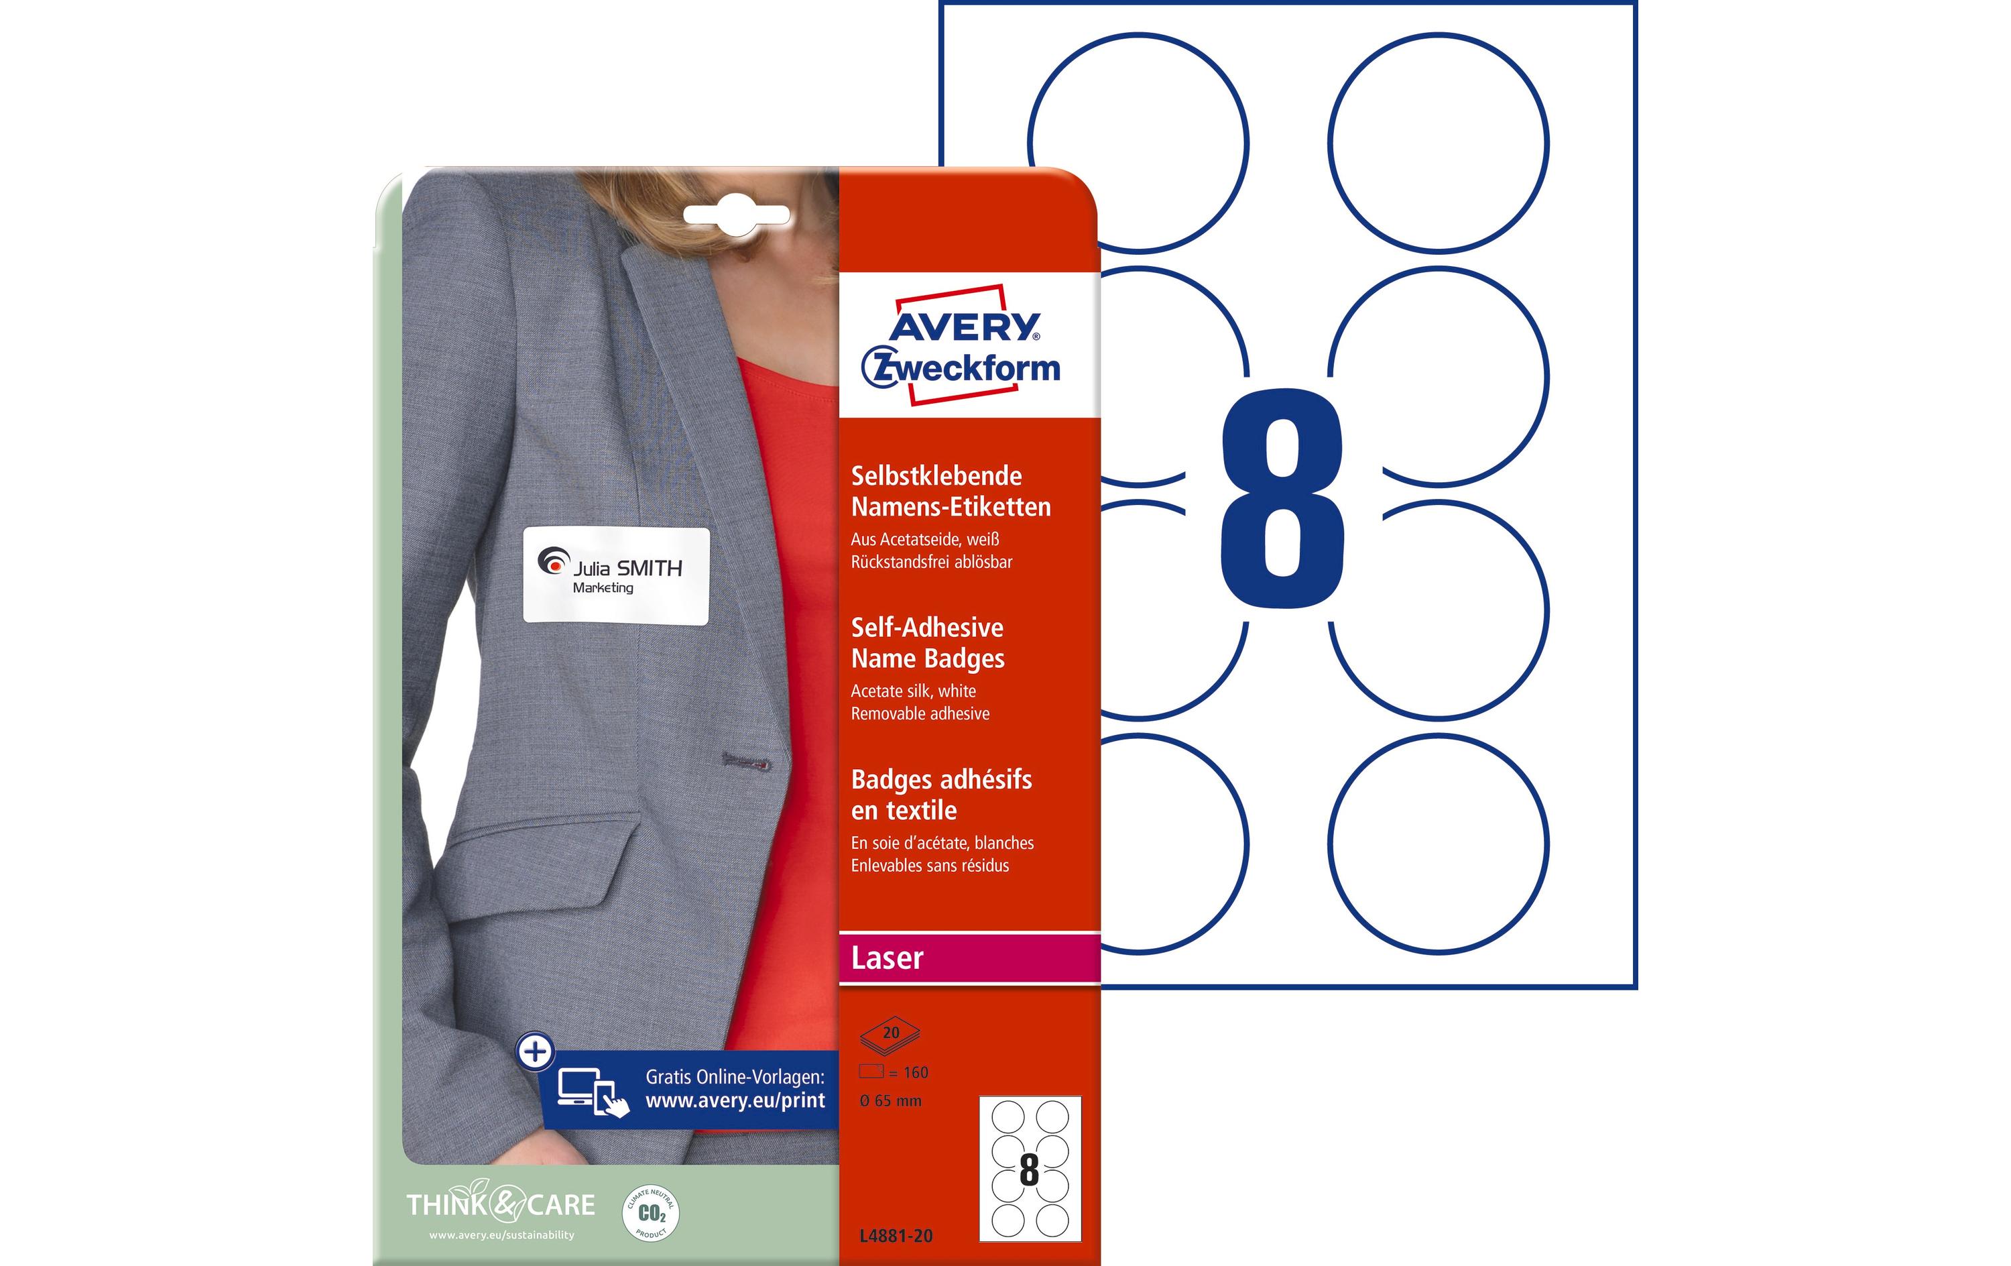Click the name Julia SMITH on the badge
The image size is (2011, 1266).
point(627,568)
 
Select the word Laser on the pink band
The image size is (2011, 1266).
point(887,958)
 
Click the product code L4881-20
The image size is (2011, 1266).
point(896,1236)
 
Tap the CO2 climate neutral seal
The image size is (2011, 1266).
point(651,1213)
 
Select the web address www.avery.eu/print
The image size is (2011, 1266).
point(735,1100)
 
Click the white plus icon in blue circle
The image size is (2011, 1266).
point(536,1051)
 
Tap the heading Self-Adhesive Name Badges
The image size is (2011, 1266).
point(927,642)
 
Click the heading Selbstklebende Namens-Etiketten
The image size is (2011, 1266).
point(951,492)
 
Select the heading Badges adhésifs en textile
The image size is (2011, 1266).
point(940,795)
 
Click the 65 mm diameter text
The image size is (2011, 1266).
point(890,1101)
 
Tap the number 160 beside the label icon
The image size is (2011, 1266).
point(915,1072)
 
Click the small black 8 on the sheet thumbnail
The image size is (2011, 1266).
point(1029,1171)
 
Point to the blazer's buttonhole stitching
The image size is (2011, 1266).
point(746,761)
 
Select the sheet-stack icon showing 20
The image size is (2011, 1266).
point(890,1035)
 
